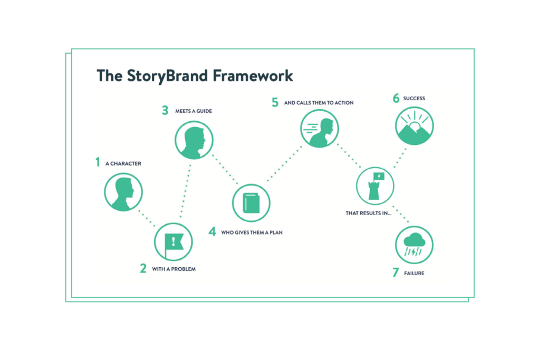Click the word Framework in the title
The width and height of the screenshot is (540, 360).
pyautogui.click(x=253, y=76)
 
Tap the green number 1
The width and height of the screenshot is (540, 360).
pyautogui.click(x=98, y=162)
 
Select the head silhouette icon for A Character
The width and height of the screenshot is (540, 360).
pyautogui.click(x=123, y=192)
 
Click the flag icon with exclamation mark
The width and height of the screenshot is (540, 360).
pyautogui.click(x=173, y=242)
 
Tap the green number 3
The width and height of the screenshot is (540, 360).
pyautogui.click(x=165, y=111)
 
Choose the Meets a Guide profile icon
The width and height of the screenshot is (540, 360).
pyautogui.click(x=194, y=140)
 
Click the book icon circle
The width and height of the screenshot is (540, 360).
pyautogui.click(x=251, y=203)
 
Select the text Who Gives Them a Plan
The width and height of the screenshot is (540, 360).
pyautogui.click(x=252, y=232)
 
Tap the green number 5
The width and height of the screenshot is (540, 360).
pyautogui.click(x=275, y=102)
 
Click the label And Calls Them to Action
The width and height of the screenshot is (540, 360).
pyautogui.click(x=319, y=103)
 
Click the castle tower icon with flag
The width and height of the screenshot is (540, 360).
pyautogui.click(x=375, y=186)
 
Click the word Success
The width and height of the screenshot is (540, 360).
pyautogui.click(x=414, y=99)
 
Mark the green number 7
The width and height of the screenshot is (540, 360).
pyautogui.click(x=396, y=273)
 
